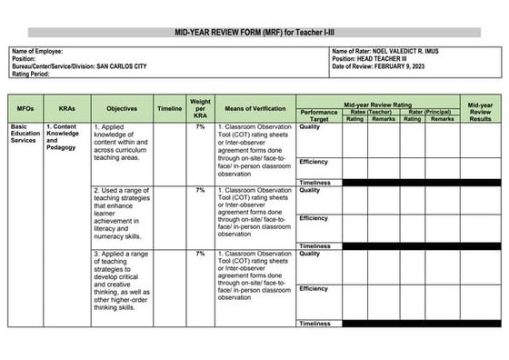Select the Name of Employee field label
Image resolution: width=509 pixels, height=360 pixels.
click(x=35, y=51)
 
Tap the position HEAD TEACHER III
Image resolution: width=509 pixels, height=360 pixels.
click(x=389, y=59)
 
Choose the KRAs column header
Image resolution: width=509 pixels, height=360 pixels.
click(x=65, y=108)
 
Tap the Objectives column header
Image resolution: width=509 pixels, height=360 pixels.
click(x=121, y=108)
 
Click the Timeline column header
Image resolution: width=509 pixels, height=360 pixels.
click(x=169, y=108)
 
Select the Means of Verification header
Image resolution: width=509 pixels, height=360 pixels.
click(x=254, y=108)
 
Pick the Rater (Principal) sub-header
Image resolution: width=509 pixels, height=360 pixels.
click(x=429, y=112)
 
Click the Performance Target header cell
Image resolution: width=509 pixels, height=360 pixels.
click(x=319, y=115)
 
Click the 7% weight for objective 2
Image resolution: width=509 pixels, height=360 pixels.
click(x=200, y=190)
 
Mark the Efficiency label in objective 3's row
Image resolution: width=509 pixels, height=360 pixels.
click(x=314, y=289)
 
